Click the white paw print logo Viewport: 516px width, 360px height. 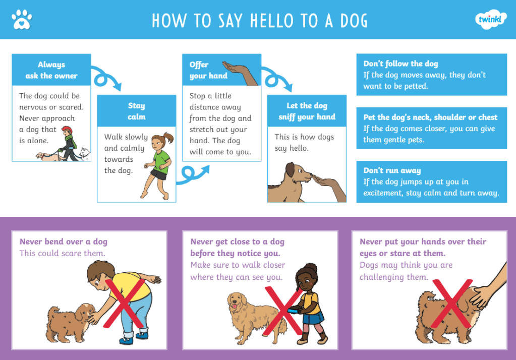(22, 20)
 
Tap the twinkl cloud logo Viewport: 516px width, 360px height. (491, 20)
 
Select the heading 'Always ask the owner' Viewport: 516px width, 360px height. (51, 70)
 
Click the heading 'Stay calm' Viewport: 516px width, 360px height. (137, 111)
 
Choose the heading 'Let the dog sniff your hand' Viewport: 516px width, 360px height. (307, 111)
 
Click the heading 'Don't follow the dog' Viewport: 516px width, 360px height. (400, 64)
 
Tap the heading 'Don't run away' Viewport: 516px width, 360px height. (392, 170)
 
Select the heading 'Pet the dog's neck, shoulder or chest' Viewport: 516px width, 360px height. (430, 117)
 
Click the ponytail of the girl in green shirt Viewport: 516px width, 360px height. (168, 137)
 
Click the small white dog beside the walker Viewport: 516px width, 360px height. (85, 154)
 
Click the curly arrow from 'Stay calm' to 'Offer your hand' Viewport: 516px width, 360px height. (193, 175)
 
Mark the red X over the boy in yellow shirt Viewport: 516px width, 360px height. (125, 303)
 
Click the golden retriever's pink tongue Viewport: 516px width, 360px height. (235, 307)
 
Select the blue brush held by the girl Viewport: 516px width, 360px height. (294, 310)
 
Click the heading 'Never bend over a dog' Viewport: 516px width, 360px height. (64, 242)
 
